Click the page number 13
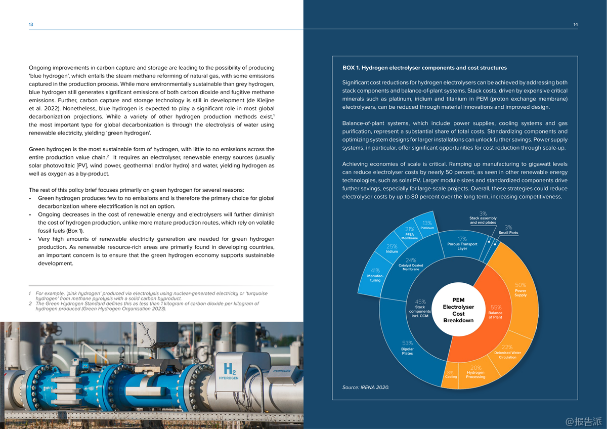[31, 24]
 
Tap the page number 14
[576, 24]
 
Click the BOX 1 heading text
[424, 68]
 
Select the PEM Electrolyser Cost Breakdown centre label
[458, 310]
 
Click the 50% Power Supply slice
[520, 289]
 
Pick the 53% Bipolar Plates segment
[407, 348]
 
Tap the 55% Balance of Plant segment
[495, 312]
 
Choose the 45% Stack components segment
[420, 309]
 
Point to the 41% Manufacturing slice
[375, 275]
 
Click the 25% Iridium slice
[392, 248]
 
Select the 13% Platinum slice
[427, 225]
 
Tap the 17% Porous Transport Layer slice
[462, 243]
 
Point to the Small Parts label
[508, 233]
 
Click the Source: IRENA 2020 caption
[366, 388]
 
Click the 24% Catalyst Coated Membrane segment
[411, 265]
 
